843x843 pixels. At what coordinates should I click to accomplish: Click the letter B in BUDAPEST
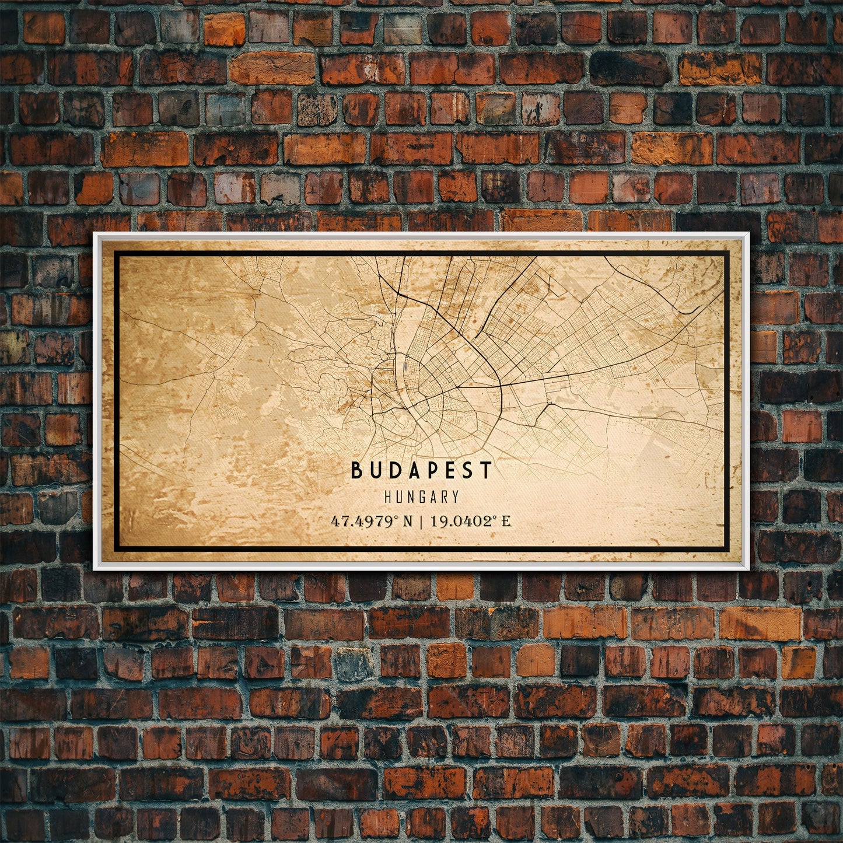tap(356, 470)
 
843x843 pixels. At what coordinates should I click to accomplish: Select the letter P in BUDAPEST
tap(429, 470)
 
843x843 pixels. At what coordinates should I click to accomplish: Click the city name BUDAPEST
tap(421, 470)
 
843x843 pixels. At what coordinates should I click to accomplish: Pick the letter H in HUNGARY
tap(388, 497)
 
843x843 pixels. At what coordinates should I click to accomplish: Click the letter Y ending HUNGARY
tap(455, 497)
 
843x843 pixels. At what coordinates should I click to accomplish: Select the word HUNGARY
tap(421, 497)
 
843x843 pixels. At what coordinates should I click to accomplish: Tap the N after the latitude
tap(407, 521)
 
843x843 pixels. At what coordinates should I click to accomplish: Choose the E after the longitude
tap(506, 521)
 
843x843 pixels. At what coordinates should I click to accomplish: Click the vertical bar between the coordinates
tap(421, 521)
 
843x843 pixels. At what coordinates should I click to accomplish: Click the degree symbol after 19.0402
tap(498, 517)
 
